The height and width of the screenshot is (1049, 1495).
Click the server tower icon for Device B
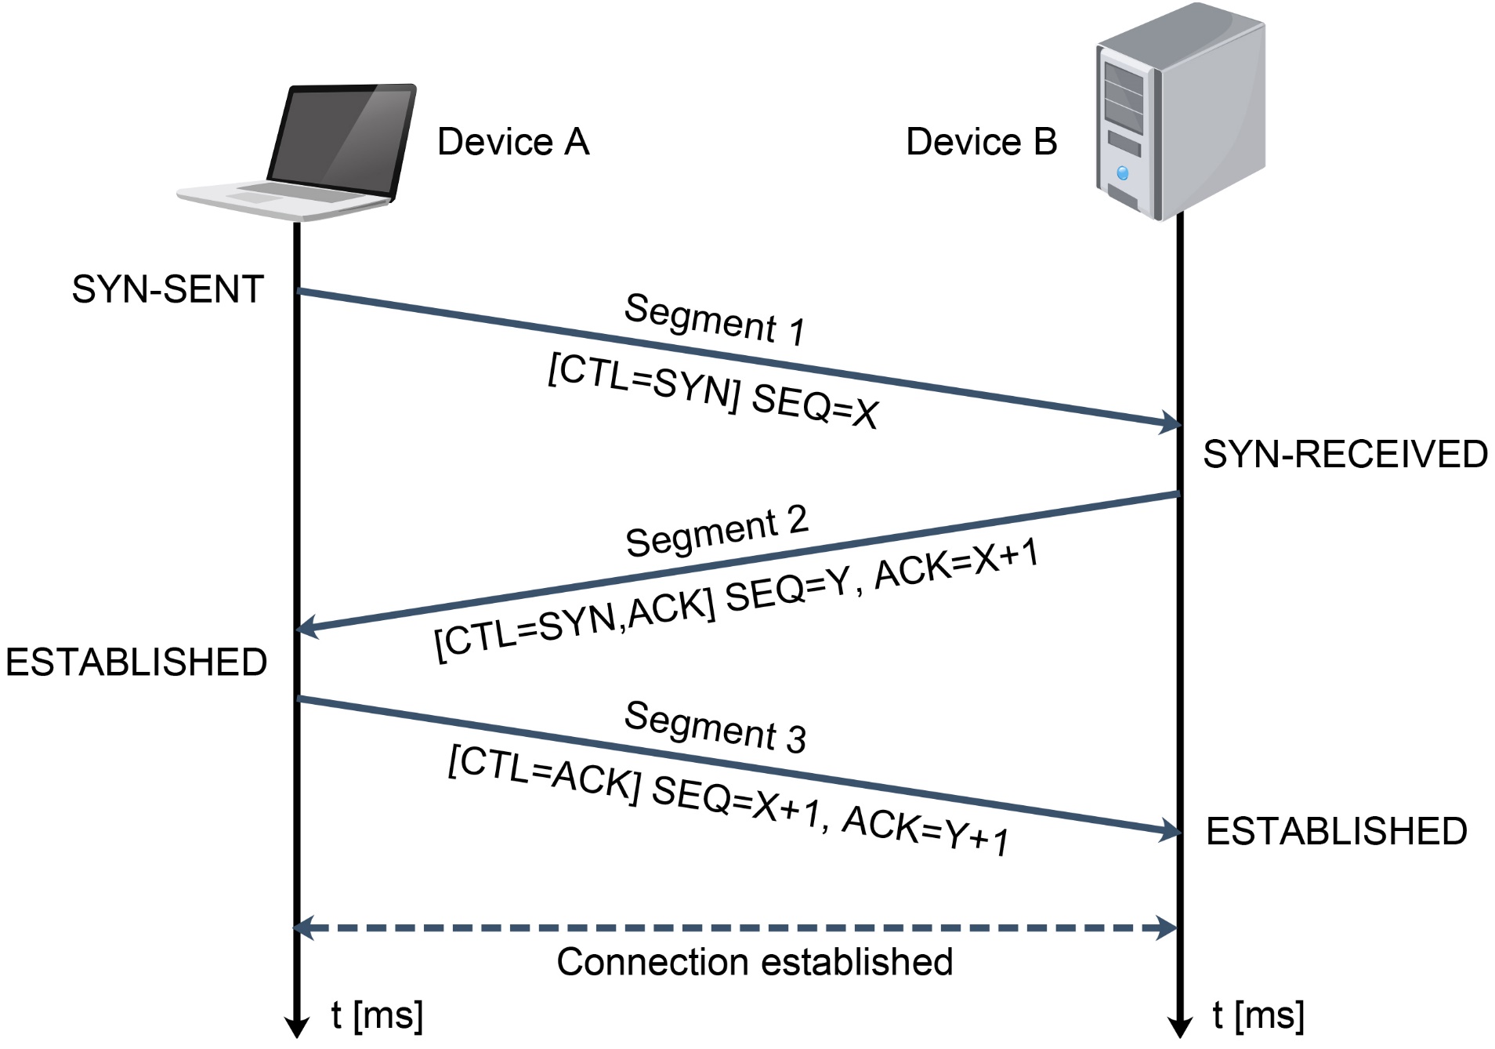pos(1179,110)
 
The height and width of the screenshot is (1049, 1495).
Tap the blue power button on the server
pos(1123,173)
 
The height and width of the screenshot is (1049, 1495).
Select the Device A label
pos(512,143)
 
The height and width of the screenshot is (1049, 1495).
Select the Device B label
pos(981,143)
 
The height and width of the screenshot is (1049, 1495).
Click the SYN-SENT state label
pos(168,289)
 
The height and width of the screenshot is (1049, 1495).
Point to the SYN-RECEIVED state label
pos(1345,455)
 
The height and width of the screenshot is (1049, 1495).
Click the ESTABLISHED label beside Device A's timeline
pos(136,662)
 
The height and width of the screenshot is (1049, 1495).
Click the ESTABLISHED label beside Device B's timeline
pos(1336,832)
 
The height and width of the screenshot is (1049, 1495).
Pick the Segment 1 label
pos(715,319)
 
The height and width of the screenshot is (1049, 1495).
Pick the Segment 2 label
pos(716,532)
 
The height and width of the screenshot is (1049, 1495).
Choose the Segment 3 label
pos(715,727)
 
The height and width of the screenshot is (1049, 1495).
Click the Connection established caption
pos(755,962)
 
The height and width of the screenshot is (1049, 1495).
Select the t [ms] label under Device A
pos(377,1015)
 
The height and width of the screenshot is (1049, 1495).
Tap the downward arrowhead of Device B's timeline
pos(1179,1027)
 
